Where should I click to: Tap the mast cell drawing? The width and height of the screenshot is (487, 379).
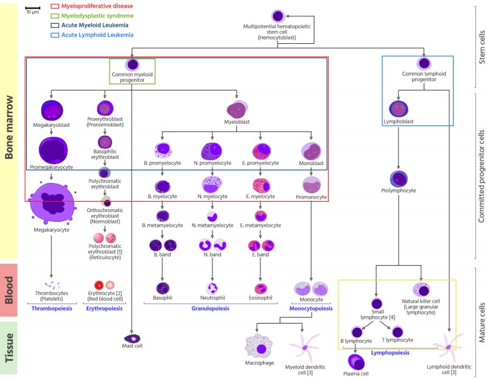pyautogui.click(x=132, y=337)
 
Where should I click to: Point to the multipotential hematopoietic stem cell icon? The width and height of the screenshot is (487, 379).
pyautogui.click(x=277, y=16)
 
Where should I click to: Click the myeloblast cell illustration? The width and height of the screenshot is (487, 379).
pyautogui.click(x=237, y=110)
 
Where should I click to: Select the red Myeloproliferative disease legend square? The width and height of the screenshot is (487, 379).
pyautogui.click(x=55, y=6)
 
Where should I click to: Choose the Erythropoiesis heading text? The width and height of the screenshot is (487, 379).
pyautogui.click(x=106, y=309)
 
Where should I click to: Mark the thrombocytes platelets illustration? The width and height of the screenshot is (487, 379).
pyautogui.click(x=52, y=285)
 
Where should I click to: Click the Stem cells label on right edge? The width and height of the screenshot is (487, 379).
pyautogui.click(x=480, y=46)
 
